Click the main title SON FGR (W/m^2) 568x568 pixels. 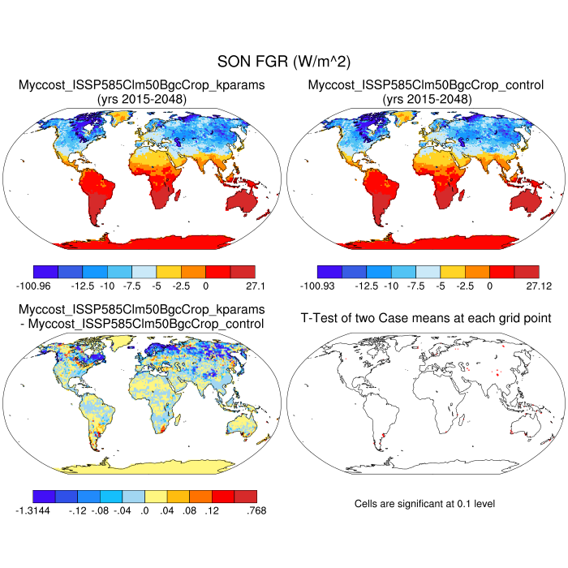[283, 62]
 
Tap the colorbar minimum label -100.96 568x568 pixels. [33, 286]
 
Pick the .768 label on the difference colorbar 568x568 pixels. [254, 510]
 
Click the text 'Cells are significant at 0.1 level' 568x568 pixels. [425, 504]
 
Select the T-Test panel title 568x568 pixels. [426, 317]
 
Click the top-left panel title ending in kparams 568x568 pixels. [142, 92]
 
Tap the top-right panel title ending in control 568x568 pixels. [426, 92]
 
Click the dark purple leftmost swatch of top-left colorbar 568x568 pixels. [46, 272]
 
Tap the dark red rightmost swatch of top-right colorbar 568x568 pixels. [526, 272]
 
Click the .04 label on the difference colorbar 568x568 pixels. [170, 510]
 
